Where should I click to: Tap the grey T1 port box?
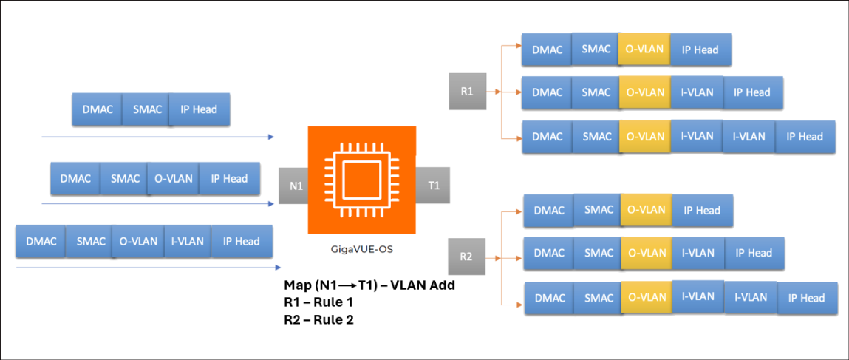[x=434, y=186]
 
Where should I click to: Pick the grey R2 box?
[x=466, y=257]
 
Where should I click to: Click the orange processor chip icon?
[x=362, y=180]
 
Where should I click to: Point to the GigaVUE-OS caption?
[x=362, y=250]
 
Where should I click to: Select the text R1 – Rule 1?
[x=318, y=302]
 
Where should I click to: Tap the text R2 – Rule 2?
[x=318, y=319]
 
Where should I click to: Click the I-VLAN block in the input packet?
[x=187, y=241]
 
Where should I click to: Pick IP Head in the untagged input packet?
[x=199, y=109]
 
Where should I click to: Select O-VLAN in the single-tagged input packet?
[x=173, y=178]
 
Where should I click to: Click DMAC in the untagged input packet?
[x=97, y=109]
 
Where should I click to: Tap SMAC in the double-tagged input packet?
[x=91, y=241]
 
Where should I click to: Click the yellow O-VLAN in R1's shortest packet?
[x=644, y=50]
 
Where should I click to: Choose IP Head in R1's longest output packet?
[x=805, y=137]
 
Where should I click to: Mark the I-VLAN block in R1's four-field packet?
[x=697, y=92]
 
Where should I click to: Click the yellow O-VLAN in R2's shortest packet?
[x=646, y=210]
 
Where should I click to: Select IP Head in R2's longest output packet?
[x=806, y=298]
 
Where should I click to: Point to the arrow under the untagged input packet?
[x=158, y=137]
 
